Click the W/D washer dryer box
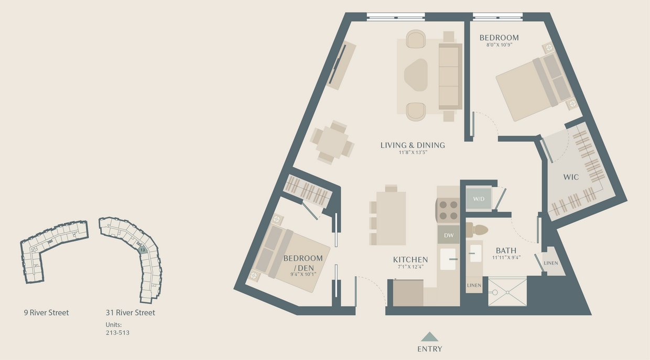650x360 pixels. (x=479, y=199)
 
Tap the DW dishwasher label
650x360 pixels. (x=449, y=235)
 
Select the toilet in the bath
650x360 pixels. (x=478, y=230)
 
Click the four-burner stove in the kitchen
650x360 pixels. (x=448, y=210)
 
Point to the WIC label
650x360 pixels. (x=571, y=177)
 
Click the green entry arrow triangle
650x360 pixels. (x=429, y=337)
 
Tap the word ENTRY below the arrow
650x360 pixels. (x=429, y=349)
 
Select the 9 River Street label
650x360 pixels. (x=46, y=313)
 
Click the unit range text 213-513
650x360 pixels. (x=117, y=332)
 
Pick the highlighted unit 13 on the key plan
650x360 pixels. (x=142, y=250)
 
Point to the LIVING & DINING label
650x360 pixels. (x=413, y=145)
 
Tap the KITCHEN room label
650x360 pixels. (x=410, y=259)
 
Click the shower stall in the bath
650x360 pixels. (x=507, y=292)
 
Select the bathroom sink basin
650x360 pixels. (x=475, y=254)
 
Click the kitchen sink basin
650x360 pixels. (x=448, y=259)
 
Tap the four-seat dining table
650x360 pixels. (x=332, y=142)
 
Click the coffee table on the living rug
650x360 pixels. (x=416, y=75)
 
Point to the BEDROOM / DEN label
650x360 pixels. (x=302, y=262)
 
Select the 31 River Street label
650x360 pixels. (x=130, y=313)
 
